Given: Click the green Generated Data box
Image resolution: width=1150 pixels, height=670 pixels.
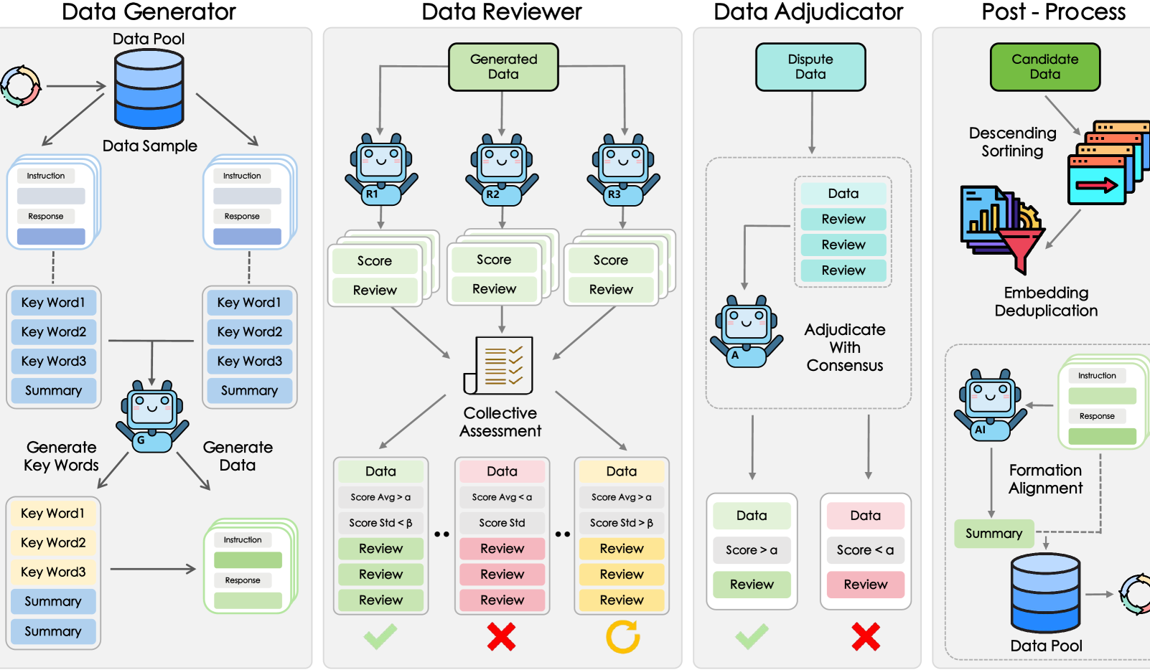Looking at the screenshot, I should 503,67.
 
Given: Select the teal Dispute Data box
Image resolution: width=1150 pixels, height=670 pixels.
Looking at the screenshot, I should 810,67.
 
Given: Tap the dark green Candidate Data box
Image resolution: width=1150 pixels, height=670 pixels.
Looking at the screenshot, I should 1044,67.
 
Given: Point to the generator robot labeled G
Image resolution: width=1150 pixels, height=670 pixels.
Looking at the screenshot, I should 151,416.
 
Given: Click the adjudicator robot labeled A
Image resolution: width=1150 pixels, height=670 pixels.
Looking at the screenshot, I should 747,331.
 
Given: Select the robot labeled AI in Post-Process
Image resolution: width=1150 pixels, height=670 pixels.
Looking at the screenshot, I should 990,405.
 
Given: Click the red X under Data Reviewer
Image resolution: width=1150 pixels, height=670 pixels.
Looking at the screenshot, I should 501,636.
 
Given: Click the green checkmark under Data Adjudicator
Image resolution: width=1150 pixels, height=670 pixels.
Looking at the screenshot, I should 752,636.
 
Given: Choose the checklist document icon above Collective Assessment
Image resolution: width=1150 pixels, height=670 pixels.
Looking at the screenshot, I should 500,365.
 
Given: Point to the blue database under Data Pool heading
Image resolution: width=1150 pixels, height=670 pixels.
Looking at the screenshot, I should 149,89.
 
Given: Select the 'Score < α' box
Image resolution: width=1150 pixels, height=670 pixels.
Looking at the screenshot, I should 865,550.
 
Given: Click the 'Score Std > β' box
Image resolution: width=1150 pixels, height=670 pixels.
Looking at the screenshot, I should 622,523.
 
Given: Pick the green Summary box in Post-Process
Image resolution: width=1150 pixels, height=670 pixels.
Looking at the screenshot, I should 994,534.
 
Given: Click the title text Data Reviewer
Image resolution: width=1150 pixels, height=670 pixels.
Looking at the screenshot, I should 501,12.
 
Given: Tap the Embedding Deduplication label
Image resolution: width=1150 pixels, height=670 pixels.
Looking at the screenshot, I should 1046,302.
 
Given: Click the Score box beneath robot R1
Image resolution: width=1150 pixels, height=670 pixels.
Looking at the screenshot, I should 375,261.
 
